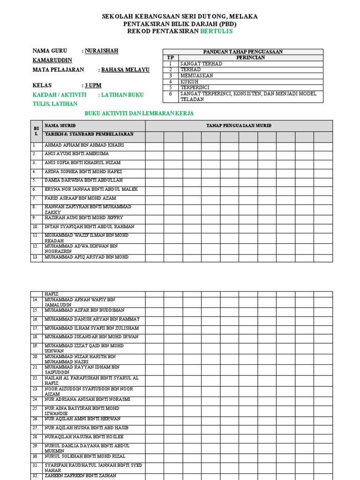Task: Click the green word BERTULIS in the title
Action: (216, 31)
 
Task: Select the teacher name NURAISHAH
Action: (102, 51)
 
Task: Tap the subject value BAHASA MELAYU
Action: (126, 69)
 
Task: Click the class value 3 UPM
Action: (93, 85)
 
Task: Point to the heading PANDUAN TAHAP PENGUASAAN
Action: (242, 52)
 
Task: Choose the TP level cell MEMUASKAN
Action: (197, 75)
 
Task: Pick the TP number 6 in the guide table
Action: (171, 93)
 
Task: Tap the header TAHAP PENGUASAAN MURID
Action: (239, 126)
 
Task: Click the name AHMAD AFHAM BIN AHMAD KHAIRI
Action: (84, 145)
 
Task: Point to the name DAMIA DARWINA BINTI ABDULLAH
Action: (83, 180)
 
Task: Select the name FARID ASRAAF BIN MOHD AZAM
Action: (80, 198)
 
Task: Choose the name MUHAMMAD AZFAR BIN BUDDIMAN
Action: (84, 310)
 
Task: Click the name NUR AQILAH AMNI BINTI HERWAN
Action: (82, 419)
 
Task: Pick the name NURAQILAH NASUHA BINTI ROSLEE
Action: (84, 436)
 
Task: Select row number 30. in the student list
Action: (36, 456)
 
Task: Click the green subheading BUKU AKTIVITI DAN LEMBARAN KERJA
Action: (139, 113)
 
